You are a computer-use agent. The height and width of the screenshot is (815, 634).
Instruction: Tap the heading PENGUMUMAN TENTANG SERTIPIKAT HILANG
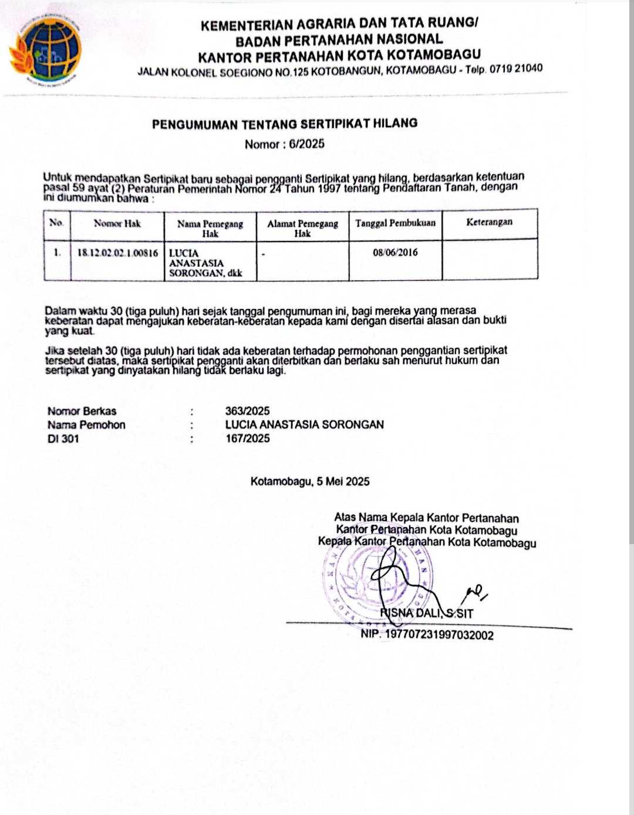click(x=285, y=124)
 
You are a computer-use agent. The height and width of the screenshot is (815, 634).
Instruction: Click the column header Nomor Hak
click(x=117, y=223)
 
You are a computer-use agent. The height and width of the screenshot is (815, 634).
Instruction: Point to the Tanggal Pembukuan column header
click(x=396, y=223)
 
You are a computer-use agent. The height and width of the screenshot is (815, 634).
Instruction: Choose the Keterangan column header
click(x=489, y=222)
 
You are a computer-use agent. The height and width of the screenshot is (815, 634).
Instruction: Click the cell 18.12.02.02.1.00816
click(x=117, y=253)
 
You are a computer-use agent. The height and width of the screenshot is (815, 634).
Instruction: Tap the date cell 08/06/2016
click(x=396, y=253)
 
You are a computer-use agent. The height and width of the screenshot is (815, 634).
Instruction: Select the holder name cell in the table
click(x=205, y=263)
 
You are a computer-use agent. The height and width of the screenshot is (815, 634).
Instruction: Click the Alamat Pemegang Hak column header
click(x=302, y=228)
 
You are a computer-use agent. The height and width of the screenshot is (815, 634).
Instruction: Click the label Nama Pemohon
click(x=86, y=425)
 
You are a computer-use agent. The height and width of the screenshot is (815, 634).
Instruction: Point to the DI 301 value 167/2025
click(x=248, y=439)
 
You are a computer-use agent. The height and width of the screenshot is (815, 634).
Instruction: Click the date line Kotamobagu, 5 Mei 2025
click(x=310, y=481)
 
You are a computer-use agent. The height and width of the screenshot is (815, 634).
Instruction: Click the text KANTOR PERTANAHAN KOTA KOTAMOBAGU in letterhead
click(x=339, y=56)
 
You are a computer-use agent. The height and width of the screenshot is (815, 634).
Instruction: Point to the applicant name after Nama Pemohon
click(x=304, y=425)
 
